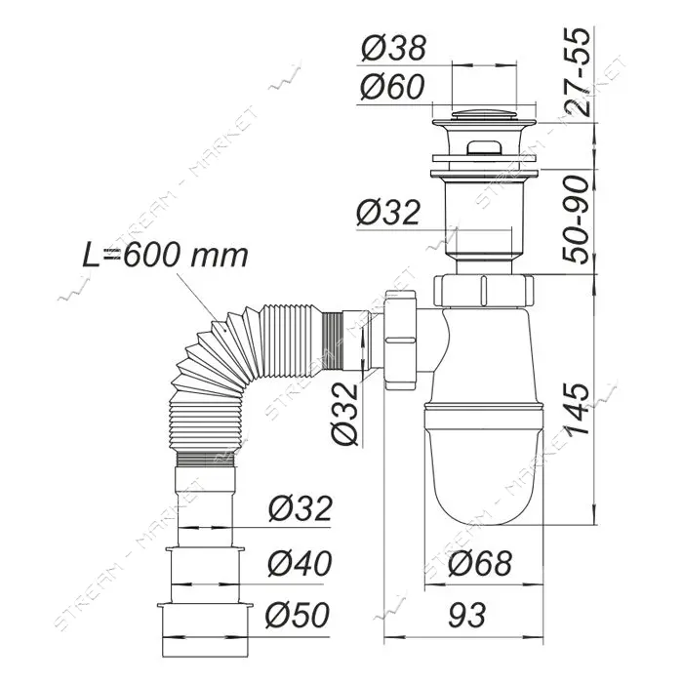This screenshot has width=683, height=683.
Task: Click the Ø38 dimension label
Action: [x=393, y=48]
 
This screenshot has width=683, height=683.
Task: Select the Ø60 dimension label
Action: [x=392, y=86]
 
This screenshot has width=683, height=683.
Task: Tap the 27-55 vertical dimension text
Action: [x=576, y=72]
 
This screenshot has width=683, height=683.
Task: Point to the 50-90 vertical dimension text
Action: [x=576, y=220]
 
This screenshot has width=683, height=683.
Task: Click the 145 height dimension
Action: [x=576, y=410]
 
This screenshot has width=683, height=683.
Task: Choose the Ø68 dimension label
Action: [x=480, y=563]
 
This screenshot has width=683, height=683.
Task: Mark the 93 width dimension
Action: [x=467, y=615]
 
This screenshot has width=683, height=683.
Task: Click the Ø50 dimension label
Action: [x=299, y=615]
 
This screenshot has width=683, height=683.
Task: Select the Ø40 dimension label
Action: [x=301, y=563]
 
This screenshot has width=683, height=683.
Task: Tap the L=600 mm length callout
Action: [x=166, y=256]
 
